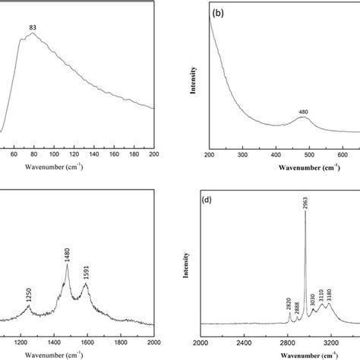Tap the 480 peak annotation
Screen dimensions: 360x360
[303, 112]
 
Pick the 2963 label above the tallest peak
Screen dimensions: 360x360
[305, 201]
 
